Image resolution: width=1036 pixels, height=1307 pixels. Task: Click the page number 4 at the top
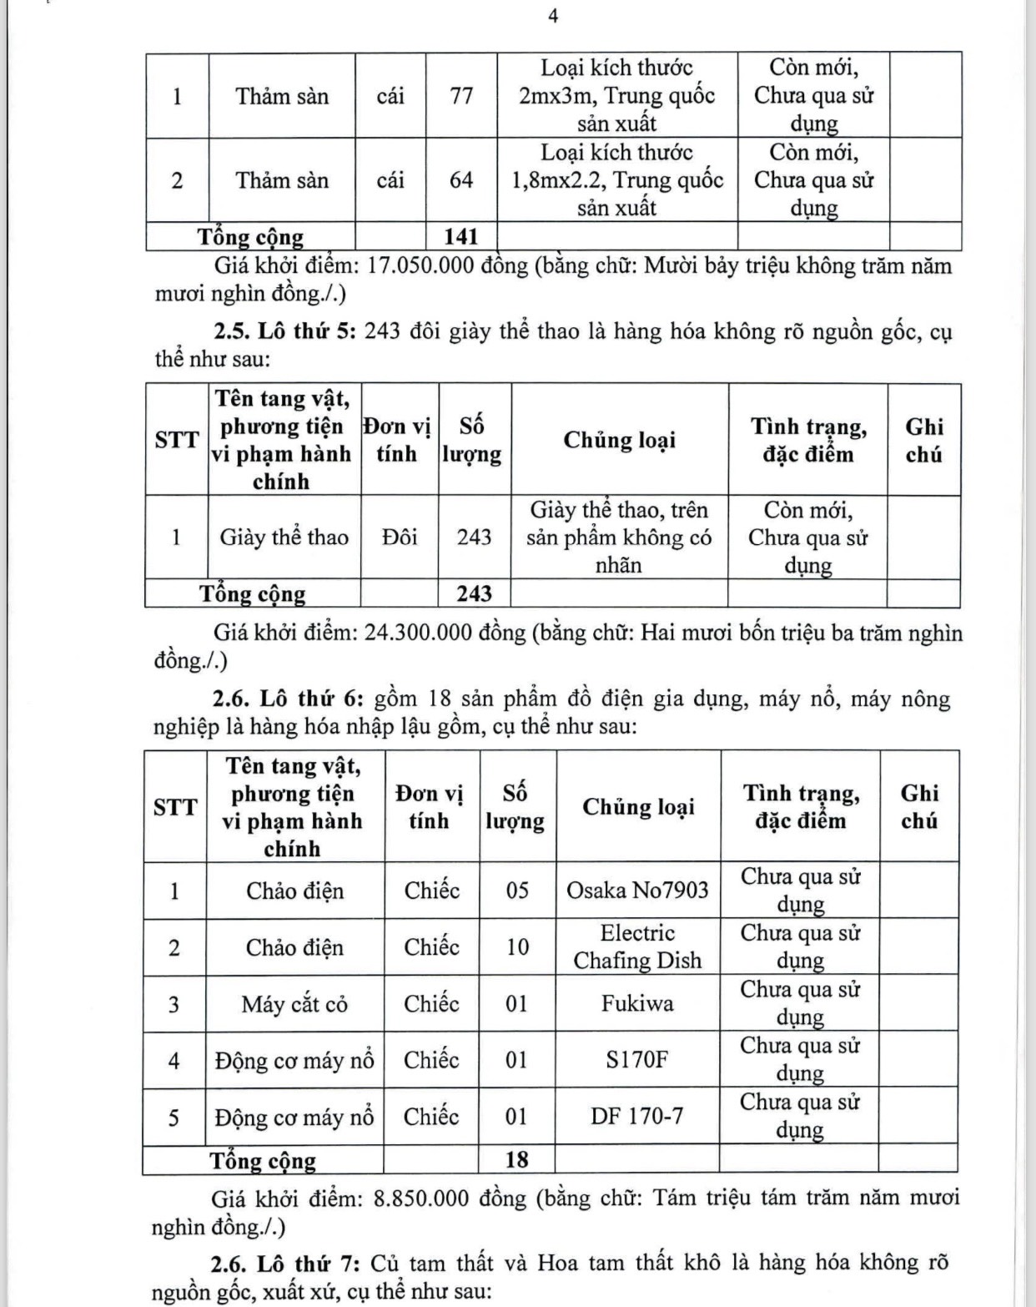point(553,16)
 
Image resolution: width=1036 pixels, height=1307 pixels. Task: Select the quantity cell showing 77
point(461,96)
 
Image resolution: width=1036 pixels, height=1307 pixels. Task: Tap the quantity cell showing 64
point(461,180)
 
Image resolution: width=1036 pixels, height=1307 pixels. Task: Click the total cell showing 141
point(461,237)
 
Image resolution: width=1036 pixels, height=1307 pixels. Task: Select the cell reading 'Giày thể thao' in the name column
point(284,537)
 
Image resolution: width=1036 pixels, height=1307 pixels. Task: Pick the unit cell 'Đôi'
point(400,537)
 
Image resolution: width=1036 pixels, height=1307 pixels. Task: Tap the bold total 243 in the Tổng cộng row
point(474,594)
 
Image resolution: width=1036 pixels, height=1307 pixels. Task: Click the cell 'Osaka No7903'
point(637,891)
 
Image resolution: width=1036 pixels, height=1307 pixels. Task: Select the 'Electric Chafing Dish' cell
point(637,947)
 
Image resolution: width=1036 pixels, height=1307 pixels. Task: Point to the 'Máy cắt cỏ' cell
point(294,1004)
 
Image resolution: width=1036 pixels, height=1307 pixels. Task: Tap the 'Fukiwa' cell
point(637,1003)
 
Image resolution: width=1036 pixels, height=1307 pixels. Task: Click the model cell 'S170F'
point(637,1060)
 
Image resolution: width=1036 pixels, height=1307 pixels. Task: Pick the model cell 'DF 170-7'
point(636,1116)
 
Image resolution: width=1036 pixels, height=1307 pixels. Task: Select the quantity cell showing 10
point(517,947)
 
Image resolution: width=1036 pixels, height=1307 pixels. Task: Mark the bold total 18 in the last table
point(517,1159)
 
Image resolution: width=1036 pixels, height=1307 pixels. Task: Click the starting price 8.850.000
point(422,1199)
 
